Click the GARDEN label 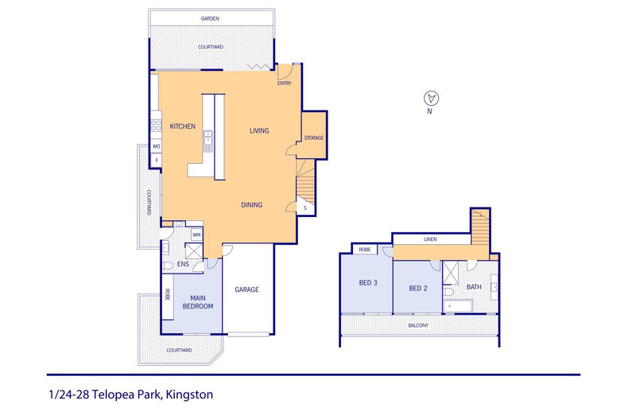pyautogui.click(x=210, y=18)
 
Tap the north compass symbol pyautogui.click(x=432, y=98)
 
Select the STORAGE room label pyautogui.click(x=313, y=138)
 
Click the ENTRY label pyautogui.click(x=285, y=83)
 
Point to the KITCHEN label pyautogui.click(x=183, y=126)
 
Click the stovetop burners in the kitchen pyautogui.click(x=156, y=126)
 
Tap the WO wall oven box pyautogui.click(x=156, y=146)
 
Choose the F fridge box pyautogui.click(x=157, y=161)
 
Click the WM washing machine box pyautogui.click(x=196, y=235)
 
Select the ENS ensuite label pyautogui.click(x=183, y=265)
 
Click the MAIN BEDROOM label pyautogui.click(x=198, y=302)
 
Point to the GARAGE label pyautogui.click(x=246, y=289)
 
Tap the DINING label pyautogui.click(x=251, y=205)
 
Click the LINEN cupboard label pyautogui.click(x=430, y=239)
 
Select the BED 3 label pyautogui.click(x=368, y=283)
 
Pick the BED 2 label pyautogui.click(x=418, y=289)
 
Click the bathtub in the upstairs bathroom pyautogui.click(x=458, y=306)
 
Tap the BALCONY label pyautogui.click(x=418, y=325)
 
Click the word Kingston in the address pyautogui.click(x=189, y=395)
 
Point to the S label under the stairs pyautogui.click(x=305, y=208)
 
